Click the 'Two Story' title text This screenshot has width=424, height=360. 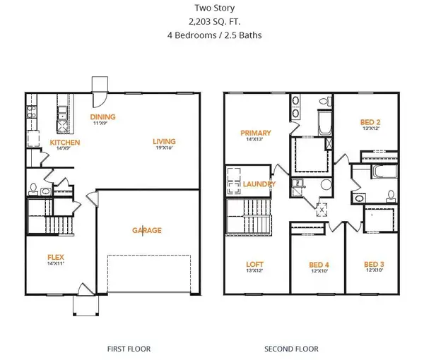pyautogui.click(x=211, y=9)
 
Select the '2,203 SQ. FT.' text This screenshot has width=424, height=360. pyautogui.click(x=211, y=22)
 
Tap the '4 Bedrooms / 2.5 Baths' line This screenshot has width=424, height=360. pyautogui.click(x=211, y=35)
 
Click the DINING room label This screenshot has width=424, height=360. pyautogui.click(x=102, y=116)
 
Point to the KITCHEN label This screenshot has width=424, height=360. pyautogui.click(x=65, y=143)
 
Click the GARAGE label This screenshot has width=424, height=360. pyautogui.click(x=147, y=230)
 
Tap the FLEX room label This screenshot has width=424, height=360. pyautogui.click(x=57, y=257)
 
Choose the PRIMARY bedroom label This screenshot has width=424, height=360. pyautogui.click(x=256, y=133)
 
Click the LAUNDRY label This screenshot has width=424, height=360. pyautogui.click(x=261, y=184)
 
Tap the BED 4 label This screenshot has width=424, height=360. pyautogui.click(x=319, y=265)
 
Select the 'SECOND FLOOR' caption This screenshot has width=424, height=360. pyautogui.click(x=291, y=348)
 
